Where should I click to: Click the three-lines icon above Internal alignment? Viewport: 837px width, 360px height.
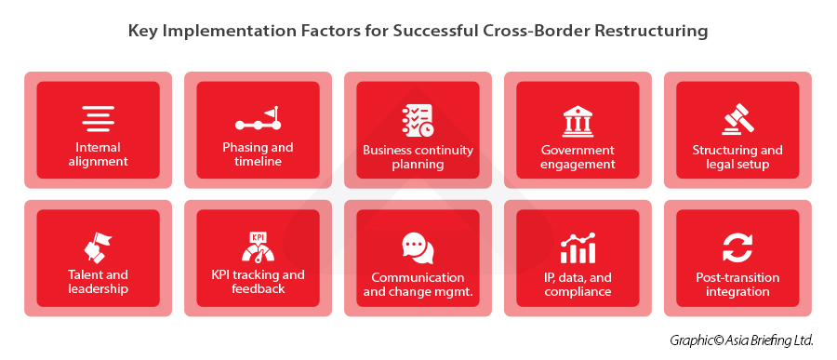(x=98, y=118)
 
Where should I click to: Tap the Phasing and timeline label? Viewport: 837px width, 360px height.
(x=258, y=154)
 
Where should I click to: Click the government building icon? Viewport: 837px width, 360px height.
(x=578, y=121)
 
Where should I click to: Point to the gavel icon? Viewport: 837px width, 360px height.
(x=737, y=121)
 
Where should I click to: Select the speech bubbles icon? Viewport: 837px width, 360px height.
(x=418, y=247)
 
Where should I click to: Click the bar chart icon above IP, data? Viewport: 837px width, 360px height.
(x=578, y=248)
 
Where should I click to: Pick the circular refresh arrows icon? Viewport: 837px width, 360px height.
(x=737, y=248)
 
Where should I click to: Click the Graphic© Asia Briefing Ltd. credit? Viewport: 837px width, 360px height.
(x=741, y=340)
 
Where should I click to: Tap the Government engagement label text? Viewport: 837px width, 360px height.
(x=578, y=157)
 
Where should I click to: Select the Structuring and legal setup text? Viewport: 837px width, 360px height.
(x=737, y=157)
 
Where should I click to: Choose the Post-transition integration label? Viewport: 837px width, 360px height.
(x=737, y=285)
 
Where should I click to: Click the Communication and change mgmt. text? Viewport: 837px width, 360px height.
(x=418, y=285)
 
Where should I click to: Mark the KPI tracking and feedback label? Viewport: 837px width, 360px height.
(x=258, y=282)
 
